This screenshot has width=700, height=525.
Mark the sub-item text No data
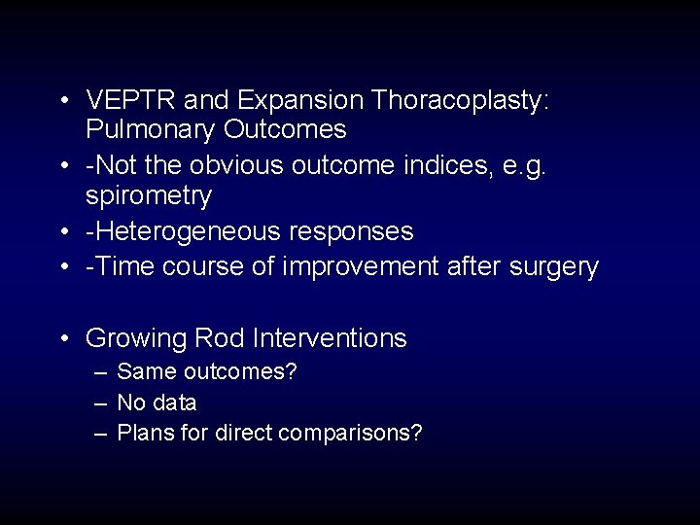click(157, 402)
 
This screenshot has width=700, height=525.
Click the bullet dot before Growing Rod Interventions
click(63, 339)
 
